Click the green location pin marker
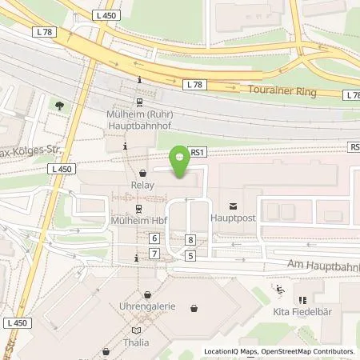182,163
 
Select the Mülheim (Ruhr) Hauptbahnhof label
142,119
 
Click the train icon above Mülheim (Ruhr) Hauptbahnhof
140,102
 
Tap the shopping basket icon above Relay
142,173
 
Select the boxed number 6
154,238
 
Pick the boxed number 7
154,254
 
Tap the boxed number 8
190,240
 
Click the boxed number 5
190,255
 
